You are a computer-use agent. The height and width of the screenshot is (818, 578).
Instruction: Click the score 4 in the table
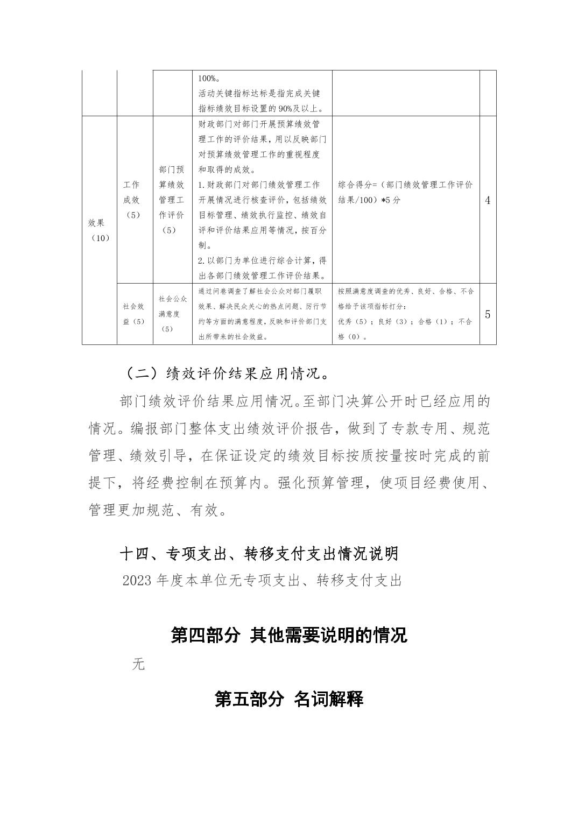coord(488,201)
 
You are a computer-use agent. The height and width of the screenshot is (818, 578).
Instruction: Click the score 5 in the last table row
coord(488,314)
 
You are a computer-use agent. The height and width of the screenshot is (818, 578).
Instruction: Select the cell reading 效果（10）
coord(99,230)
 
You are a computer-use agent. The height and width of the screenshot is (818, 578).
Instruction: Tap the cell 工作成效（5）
coord(131,200)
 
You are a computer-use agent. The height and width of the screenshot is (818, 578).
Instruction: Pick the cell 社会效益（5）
coord(133,314)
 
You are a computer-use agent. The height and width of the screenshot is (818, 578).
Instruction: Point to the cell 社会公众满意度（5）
coord(173,313)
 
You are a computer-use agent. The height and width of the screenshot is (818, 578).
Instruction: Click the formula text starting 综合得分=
coord(405,192)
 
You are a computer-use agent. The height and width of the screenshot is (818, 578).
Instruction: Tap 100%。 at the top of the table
coord(208,78)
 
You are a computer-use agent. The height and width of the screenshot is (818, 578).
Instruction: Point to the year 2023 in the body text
coord(137,581)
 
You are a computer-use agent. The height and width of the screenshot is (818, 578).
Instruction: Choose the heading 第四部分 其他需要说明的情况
coord(288,636)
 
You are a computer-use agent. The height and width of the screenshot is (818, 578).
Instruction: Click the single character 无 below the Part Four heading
coord(138,664)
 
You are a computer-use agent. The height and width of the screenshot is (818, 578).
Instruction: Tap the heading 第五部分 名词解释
coord(288,699)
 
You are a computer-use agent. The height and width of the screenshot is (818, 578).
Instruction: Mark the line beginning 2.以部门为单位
coord(262,261)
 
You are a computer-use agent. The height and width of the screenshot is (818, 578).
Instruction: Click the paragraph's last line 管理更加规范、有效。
coord(157,510)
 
